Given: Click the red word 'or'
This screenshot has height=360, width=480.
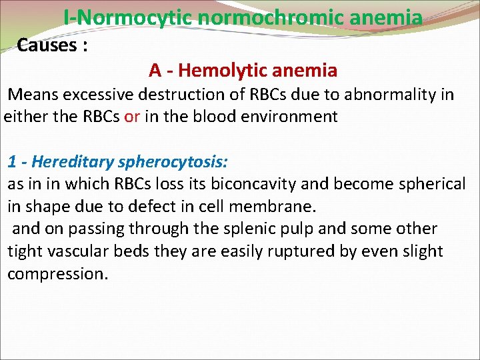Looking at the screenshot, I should (x=132, y=117).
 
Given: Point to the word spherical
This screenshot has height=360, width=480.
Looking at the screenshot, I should (x=430, y=184).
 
